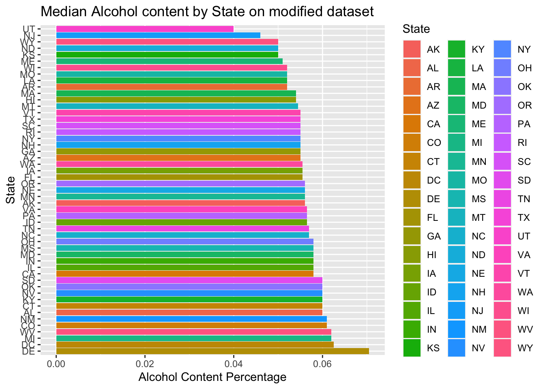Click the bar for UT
click(145, 29)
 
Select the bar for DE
click(212, 351)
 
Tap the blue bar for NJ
click(158, 35)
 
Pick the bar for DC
click(195, 344)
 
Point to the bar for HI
click(176, 100)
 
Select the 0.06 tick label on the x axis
click(322, 363)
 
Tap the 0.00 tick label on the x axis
click(56, 363)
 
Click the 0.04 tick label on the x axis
click(234, 363)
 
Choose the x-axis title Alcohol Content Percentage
click(212, 377)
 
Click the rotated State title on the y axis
click(11, 190)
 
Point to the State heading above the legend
click(416, 29)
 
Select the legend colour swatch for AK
click(412, 49)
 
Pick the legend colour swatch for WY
click(502, 348)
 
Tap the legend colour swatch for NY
click(502, 49)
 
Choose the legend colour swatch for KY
click(457, 49)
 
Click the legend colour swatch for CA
click(412, 124)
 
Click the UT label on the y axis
click(29, 29)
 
